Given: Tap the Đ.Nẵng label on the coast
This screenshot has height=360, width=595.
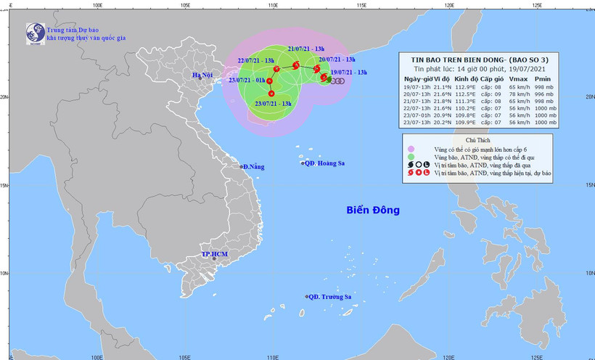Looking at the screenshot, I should (255, 167).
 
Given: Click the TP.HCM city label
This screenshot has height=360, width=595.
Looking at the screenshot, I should (215, 256).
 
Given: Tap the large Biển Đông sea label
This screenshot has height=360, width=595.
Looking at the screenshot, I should (373, 211).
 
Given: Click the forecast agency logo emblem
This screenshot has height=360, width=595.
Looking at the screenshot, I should (35, 33).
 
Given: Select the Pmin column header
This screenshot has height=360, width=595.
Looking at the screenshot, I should (543, 78).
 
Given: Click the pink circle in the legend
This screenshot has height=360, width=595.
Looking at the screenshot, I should (411, 148).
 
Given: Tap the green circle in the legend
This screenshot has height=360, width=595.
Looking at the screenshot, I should (411, 156).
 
